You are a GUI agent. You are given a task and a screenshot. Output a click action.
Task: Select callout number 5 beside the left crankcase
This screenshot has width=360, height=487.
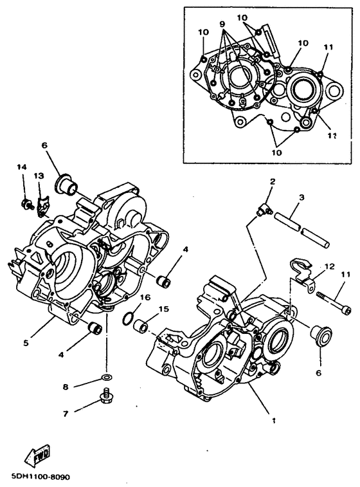pyautogui.click(x=26, y=343)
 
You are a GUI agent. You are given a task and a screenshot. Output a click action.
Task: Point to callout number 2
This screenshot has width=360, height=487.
pyautogui.click(x=272, y=182)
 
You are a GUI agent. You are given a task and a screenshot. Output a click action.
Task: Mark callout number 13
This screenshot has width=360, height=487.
pyautogui.click(x=38, y=176)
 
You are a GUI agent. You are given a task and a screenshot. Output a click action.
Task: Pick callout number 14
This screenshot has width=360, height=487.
pyautogui.click(x=22, y=167)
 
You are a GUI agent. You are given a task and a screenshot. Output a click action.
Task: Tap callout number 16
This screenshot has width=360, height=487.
pyautogui.click(x=146, y=297)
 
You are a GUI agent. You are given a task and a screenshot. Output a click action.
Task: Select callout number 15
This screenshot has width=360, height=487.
pyautogui.click(x=163, y=309)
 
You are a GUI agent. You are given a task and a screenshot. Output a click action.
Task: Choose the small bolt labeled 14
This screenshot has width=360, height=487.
pyautogui.click(x=27, y=205)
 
